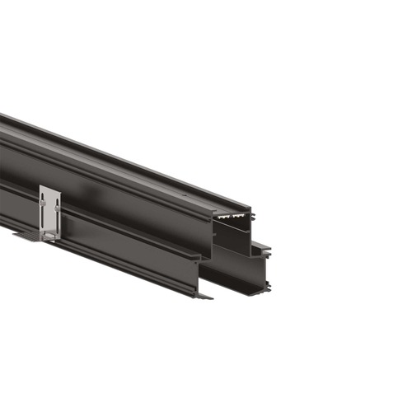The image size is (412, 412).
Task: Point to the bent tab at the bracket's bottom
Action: pos(49,238)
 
